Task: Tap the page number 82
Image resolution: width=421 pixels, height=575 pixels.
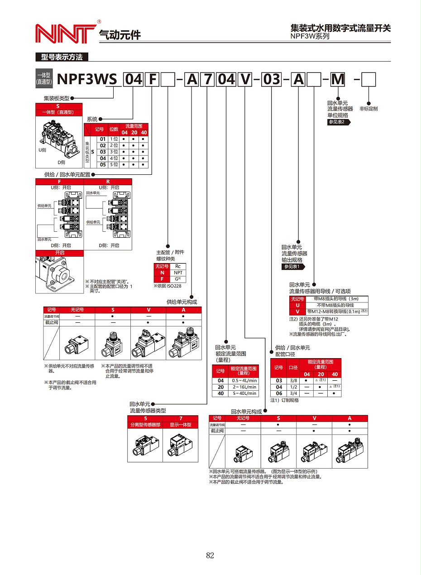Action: coord(210,556)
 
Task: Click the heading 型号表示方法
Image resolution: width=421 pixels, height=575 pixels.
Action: coord(62,57)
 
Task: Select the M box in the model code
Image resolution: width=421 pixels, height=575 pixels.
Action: coord(338,80)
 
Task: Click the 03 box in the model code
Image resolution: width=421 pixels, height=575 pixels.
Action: coord(272,80)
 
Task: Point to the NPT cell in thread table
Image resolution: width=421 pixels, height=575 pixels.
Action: coord(178,273)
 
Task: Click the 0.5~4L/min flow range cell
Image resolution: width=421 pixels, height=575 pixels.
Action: coord(244,380)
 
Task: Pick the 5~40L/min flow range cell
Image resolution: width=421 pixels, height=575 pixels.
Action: coord(244,393)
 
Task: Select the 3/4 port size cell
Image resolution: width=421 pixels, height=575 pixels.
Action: coord(293,393)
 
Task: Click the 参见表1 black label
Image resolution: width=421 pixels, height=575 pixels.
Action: coord(292,267)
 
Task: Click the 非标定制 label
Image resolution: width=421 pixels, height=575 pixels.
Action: coord(368,109)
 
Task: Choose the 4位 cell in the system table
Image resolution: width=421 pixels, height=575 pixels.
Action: coord(114,158)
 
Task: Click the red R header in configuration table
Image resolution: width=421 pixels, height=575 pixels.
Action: coord(108,181)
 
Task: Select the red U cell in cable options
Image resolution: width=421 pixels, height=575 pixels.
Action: coord(297,305)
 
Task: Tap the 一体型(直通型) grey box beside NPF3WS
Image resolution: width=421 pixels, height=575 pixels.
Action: coord(44,79)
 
